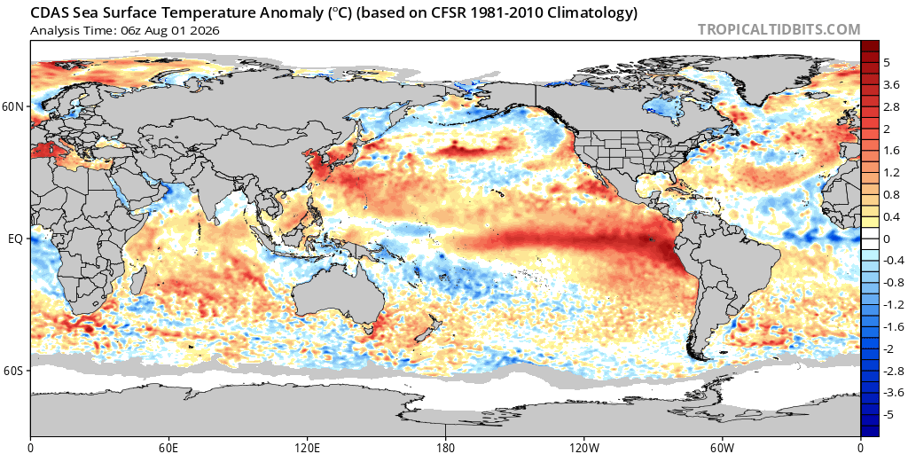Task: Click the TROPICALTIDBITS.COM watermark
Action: (x=779, y=29)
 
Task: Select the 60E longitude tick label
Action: (x=168, y=448)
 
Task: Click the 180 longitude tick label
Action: (x=445, y=448)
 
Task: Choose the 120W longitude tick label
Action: (x=583, y=448)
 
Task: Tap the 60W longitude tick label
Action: (x=722, y=448)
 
